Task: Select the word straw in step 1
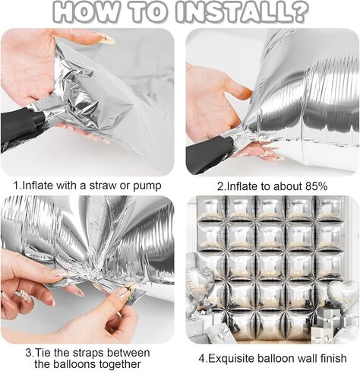[103, 185]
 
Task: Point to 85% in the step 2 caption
[317, 186]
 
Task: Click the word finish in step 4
[333, 358]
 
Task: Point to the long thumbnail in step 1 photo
[106, 39]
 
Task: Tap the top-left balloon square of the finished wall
[211, 209]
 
